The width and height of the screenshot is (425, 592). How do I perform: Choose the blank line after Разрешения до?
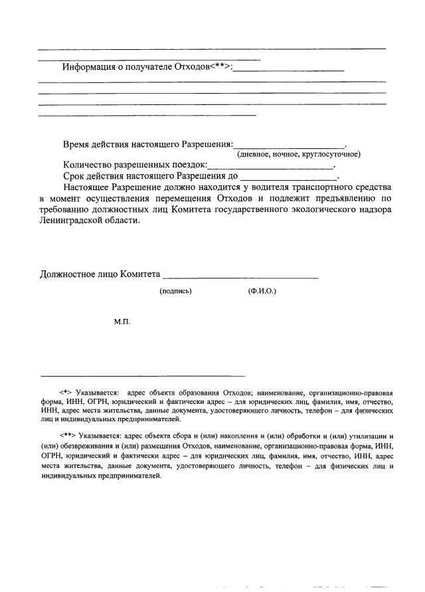288,178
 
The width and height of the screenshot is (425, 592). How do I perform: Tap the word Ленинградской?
71,221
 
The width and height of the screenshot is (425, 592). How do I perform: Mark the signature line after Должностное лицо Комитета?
240,276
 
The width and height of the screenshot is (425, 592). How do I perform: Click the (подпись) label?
175,291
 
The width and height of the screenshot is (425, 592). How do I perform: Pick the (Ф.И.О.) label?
262,291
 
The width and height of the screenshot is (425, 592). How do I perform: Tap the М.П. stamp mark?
122,322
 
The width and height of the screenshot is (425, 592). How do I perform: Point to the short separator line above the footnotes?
142,375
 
